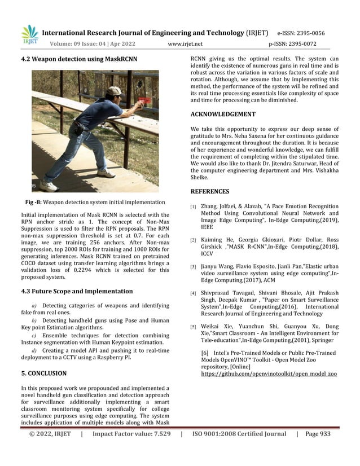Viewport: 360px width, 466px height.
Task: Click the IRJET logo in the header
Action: click(29, 36)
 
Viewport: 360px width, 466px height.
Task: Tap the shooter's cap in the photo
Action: click(115, 90)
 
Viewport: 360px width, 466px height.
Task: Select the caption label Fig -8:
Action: click(38, 202)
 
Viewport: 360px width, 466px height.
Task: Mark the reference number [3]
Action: click(193, 266)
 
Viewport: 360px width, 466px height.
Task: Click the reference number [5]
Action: click(193, 327)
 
